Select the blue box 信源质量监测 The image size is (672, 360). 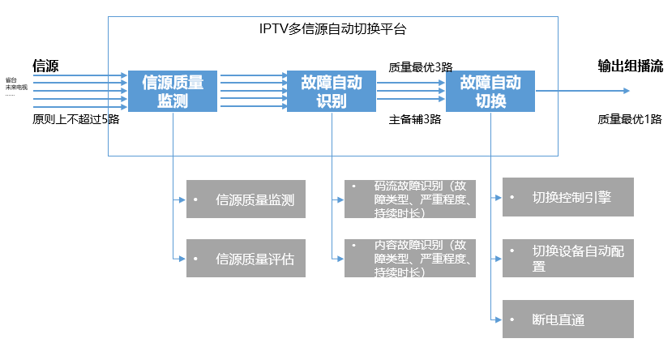(173, 91)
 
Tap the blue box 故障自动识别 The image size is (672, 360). (332, 91)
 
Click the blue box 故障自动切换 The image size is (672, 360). (490, 91)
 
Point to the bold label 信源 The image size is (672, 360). (45, 65)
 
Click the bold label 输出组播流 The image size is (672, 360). (630, 66)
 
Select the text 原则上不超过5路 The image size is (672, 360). (75, 119)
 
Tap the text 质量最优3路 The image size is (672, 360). (420, 67)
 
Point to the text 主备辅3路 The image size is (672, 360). (414, 119)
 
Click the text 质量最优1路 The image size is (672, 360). (630, 119)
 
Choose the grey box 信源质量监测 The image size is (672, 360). (246, 199)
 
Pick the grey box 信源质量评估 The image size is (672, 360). (246, 259)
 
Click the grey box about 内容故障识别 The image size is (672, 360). (409, 259)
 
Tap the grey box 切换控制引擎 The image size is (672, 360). (567, 197)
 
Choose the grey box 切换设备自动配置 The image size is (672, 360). (567, 258)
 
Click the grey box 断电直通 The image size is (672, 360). (567, 319)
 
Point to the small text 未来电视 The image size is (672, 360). (16, 87)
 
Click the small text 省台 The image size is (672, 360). (11, 79)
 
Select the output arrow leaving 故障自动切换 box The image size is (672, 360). (559, 91)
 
